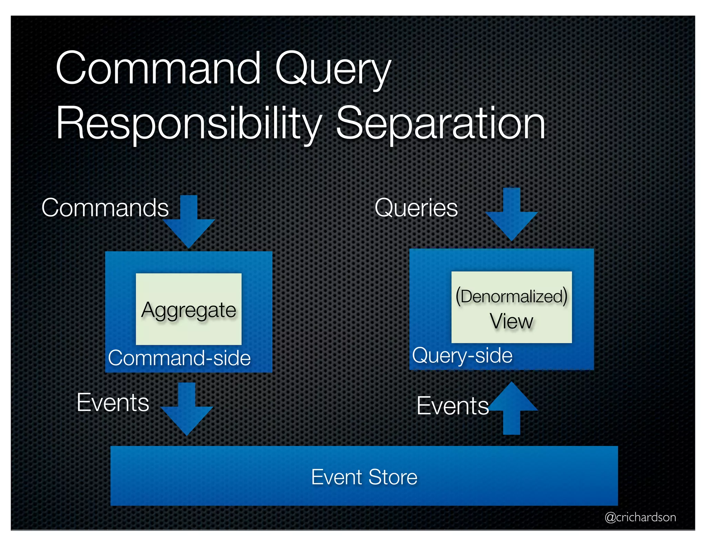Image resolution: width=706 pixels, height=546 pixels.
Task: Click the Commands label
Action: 105,208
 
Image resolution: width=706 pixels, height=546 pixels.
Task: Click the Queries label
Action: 416,208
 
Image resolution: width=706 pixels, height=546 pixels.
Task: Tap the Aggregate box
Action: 189,310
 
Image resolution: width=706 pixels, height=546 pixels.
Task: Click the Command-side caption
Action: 179,358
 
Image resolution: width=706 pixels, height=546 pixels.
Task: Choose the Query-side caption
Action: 462,355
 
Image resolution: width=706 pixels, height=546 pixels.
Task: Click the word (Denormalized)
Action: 512,296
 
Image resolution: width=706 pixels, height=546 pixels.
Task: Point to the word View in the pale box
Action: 512,322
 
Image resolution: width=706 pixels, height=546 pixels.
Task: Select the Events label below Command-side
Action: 113,402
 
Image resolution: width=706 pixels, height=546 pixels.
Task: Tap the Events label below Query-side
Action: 453,406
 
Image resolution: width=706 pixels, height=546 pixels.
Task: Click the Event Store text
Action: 364,477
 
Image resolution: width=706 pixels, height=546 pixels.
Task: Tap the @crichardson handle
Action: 640,517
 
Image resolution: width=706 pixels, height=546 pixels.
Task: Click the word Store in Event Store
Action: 393,477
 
